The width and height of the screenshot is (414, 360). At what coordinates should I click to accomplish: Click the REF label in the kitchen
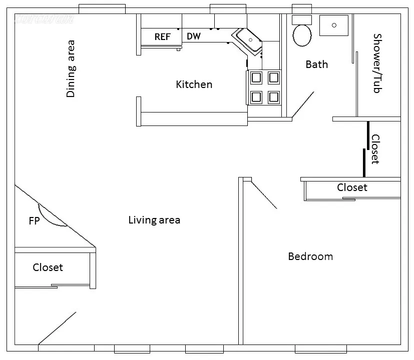[x=162, y=37]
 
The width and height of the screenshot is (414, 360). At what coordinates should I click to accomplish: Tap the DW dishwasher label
[x=194, y=36]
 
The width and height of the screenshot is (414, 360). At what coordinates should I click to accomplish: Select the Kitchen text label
[x=194, y=84]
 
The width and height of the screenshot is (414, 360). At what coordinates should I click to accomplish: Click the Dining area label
[x=71, y=68]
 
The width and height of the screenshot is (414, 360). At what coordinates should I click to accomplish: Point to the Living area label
[x=154, y=220]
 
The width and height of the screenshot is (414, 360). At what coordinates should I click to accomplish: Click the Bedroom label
[x=310, y=256]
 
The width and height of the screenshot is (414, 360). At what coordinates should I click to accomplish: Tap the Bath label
[x=317, y=64]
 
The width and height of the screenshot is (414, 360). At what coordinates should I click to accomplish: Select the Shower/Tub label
[x=377, y=63]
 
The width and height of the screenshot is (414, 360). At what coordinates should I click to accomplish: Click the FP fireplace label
[x=34, y=220]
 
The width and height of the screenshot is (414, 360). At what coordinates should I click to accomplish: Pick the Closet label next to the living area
[x=48, y=267]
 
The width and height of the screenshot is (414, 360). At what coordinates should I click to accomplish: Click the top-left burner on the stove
[x=256, y=77]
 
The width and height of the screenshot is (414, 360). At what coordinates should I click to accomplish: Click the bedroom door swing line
[x=263, y=195]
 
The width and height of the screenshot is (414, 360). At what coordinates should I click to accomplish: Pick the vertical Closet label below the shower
[x=375, y=149]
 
